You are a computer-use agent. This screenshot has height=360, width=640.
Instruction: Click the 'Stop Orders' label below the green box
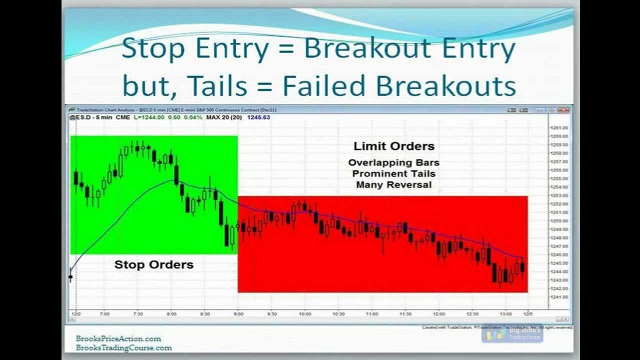[153, 264]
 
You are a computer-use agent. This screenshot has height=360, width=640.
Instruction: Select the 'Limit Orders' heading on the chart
[394, 146]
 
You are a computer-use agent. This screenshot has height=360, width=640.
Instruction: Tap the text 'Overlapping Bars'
[393, 162]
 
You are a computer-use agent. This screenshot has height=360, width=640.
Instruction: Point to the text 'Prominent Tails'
[393, 173]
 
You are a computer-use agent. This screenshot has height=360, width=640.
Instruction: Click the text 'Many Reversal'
[393, 184]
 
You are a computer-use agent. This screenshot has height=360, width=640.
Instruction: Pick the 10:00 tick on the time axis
[305, 314]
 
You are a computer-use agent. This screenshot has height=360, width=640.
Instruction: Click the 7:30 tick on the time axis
[138, 314]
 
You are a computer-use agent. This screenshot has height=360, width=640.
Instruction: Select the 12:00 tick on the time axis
[439, 314]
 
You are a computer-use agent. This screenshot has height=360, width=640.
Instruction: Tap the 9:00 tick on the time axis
[238, 314]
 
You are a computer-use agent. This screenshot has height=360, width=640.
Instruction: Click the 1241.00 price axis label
[559, 297]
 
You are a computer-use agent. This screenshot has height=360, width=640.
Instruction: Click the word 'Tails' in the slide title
[218, 86]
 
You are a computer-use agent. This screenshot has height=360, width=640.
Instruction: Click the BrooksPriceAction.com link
[118, 338]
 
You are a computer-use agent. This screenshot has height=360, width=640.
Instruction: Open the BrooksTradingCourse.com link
[123, 347]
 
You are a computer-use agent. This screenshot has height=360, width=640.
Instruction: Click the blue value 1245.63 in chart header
[258, 117]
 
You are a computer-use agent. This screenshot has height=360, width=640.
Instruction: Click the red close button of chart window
[563, 110]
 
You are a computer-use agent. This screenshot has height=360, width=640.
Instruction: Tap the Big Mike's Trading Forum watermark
[512, 334]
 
